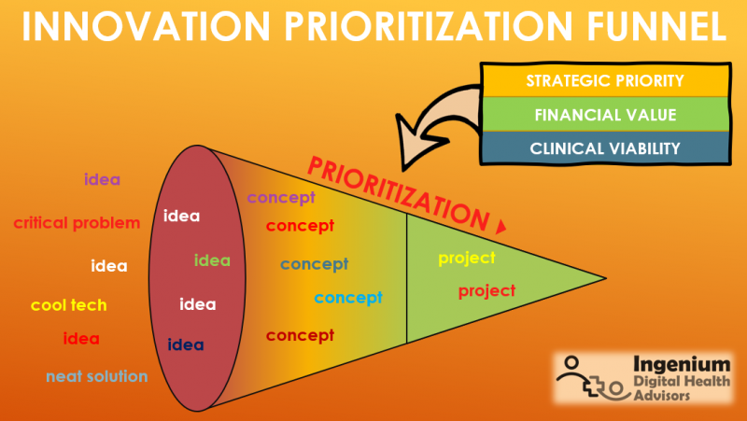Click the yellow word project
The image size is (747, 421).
[467, 258]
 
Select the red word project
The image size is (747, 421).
[486, 290]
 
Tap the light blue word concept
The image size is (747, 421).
[348, 298]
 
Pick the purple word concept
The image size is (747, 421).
[281, 198]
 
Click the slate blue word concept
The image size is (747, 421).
[314, 264]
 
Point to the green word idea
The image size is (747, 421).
[212, 260]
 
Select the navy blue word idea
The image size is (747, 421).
[186, 344]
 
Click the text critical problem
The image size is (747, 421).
[77, 222]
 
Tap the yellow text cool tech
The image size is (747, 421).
[69, 305]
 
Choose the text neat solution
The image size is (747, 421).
[97, 376]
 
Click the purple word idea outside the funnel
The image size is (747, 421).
[102, 179]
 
